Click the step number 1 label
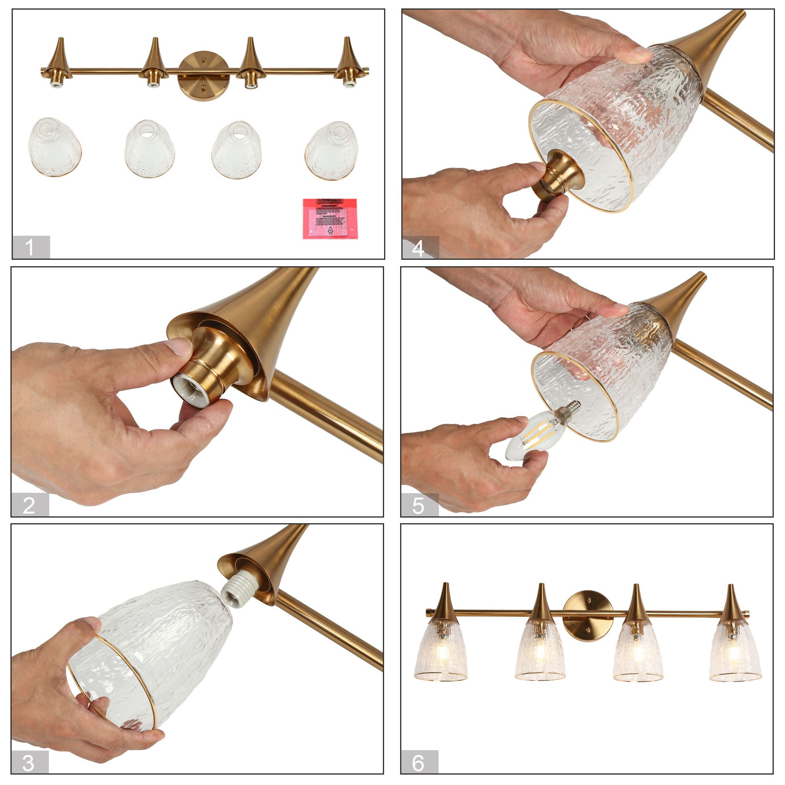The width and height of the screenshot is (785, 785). point(30,247)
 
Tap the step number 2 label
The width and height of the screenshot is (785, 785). point(30,505)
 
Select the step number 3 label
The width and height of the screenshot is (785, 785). point(29,763)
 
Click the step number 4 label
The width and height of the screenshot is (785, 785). point(420,247)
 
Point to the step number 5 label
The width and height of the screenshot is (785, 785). point(419,506)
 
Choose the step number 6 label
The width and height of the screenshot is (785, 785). point(419,763)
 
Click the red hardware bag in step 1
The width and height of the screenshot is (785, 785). point(330,219)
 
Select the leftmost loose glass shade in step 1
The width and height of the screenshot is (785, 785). point(55,147)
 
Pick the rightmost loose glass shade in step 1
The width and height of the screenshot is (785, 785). point(332,150)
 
